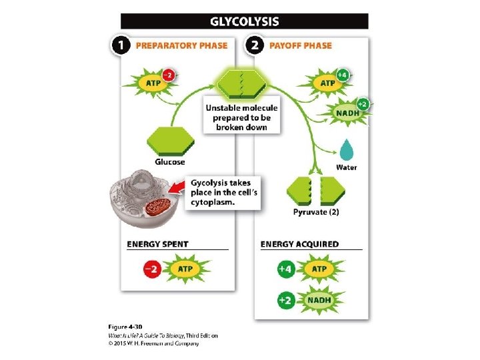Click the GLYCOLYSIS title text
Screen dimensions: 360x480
click(244, 21)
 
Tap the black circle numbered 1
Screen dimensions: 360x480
click(120, 46)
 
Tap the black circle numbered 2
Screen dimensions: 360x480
click(254, 46)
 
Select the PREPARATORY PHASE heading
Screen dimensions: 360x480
click(181, 46)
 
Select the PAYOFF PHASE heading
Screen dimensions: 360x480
click(300, 46)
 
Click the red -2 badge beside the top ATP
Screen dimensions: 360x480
click(169, 75)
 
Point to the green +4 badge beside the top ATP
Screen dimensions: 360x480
click(341, 75)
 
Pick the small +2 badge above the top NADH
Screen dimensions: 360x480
click(362, 104)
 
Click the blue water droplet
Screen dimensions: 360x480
click(346, 150)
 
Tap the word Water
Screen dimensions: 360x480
click(346, 167)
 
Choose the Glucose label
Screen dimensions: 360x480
click(170, 162)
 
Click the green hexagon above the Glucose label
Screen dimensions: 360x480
click(170, 141)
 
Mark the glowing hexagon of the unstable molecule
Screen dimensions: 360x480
click(241, 83)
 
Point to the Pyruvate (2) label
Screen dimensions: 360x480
click(316, 212)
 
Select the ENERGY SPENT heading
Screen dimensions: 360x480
click(157, 244)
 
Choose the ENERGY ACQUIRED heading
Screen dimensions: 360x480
click(299, 244)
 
